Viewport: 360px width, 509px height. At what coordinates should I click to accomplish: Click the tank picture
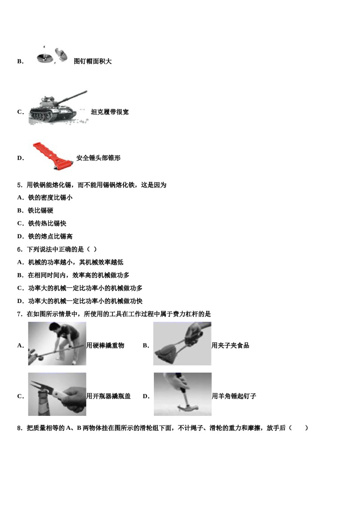coord(58,108)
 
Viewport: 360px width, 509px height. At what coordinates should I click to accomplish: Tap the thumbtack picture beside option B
coord(52,55)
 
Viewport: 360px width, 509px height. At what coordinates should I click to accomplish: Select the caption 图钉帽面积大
coord(92,61)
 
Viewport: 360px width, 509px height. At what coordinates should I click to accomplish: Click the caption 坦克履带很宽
coord(110,112)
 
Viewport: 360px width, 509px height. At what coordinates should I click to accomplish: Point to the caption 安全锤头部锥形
coord(98,158)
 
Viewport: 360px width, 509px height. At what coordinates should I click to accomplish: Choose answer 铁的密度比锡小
coord(50,198)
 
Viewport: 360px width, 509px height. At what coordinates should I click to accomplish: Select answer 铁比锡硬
coord(41,211)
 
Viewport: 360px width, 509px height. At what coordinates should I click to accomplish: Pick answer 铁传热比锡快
coord(47,223)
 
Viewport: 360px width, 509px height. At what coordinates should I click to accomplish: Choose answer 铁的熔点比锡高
coord(50,236)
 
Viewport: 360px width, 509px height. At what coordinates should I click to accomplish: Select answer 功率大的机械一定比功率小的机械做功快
coord(85,301)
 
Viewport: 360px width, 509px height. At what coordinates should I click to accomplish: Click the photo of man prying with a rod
coord(57,343)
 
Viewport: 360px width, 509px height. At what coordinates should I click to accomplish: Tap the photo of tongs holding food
coord(182,343)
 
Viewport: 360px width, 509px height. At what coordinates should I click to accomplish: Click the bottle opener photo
coord(57,394)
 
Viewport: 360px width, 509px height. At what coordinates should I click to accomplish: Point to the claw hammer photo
coord(182,394)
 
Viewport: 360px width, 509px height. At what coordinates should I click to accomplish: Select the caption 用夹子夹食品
coord(230,345)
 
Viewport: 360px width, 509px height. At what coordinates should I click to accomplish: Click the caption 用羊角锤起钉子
coord(233,396)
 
